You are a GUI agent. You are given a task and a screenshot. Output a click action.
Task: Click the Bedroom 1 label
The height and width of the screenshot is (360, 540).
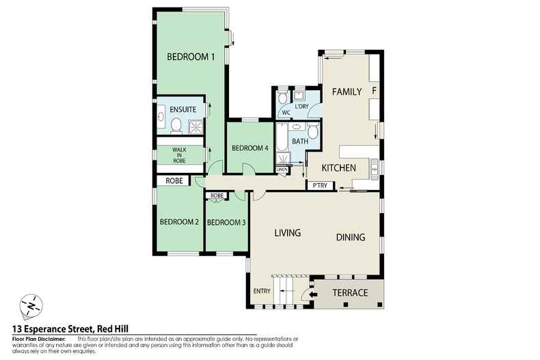click(x=191, y=57)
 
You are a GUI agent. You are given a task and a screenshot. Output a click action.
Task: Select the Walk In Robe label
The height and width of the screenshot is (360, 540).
click(x=179, y=154)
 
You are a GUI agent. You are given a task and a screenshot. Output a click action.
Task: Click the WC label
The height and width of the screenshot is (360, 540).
click(x=286, y=113)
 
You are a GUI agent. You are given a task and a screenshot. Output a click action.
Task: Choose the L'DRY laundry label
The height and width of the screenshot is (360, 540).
click(x=302, y=106)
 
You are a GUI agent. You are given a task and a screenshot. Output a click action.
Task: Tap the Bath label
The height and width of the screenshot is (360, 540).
click(x=299, y=141)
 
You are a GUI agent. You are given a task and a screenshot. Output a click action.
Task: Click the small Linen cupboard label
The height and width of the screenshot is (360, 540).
click(x=282, y=169)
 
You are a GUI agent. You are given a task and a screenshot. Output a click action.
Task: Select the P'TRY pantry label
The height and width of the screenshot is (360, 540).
click(x=319, y=185)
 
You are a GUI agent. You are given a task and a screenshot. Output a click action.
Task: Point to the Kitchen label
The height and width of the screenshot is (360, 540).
click(x=339, y=168)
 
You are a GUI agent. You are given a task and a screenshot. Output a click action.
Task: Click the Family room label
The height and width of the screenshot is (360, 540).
click(x=347, y=92)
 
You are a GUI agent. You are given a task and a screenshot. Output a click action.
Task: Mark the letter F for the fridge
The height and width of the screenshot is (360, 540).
click(x=374, y=89)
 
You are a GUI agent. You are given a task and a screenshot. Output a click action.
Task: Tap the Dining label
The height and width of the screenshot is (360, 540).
click(x=350, y=238)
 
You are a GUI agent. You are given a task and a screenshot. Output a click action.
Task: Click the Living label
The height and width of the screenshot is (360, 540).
click(x=288, y=233)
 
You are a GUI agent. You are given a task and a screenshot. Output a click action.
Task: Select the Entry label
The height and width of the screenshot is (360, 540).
click(x=262, y=292)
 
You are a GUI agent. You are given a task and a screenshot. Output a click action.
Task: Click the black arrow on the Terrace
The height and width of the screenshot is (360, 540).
click(x=313, y=294)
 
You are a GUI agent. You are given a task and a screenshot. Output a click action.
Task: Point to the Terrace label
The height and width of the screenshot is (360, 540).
click(x=350, y=293)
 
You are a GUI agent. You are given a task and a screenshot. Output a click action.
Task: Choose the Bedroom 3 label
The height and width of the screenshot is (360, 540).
click(x=226, y=222)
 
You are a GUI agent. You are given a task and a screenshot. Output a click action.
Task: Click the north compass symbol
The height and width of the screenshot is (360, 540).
click(x=31, y=305)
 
